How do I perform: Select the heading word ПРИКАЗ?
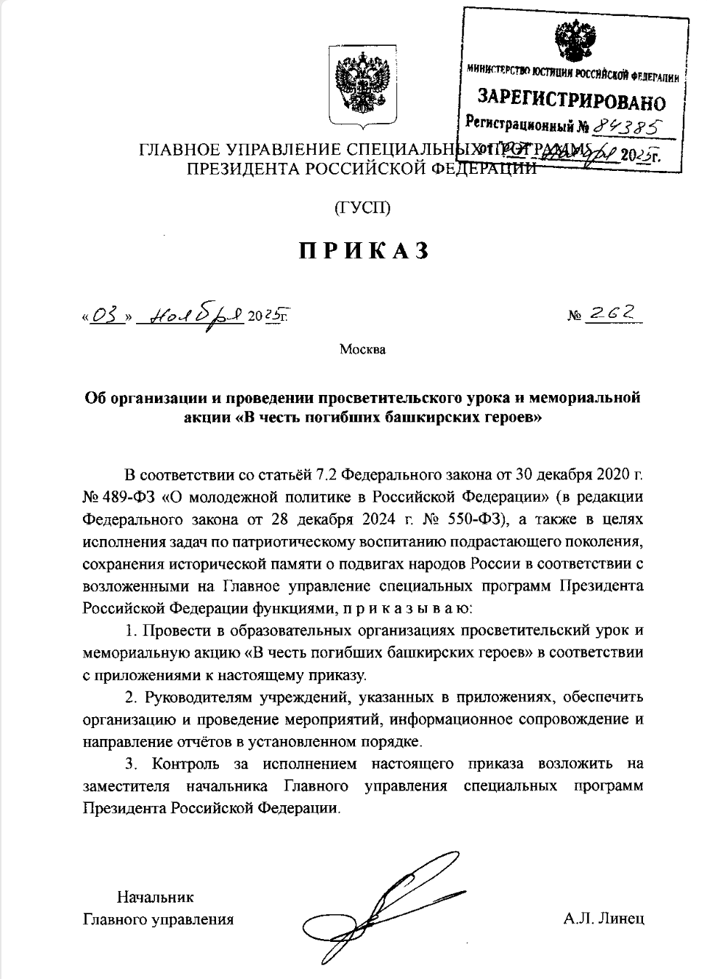click(x=362, y=250)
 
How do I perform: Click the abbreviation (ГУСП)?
click(x=362, y=208)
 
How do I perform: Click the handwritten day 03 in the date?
click(x=106, y=316)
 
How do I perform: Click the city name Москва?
click(x=362, y=349)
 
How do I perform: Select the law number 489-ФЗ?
click(x=129, y=498)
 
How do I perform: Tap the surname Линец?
click(x=620, y=919)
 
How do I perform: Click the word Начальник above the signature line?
click(x=156, y=897)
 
